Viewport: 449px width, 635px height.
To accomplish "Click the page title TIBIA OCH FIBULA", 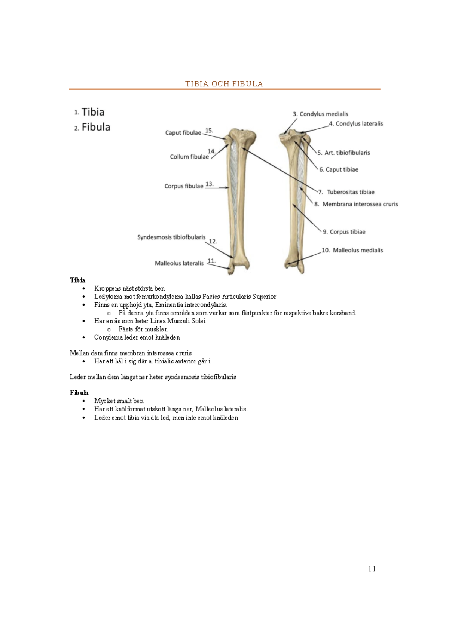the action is (224, 84).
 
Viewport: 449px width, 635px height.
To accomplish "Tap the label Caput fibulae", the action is (183, 133).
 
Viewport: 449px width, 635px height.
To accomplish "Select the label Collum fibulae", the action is (189, 157).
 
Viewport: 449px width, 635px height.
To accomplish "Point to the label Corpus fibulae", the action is (184, 186).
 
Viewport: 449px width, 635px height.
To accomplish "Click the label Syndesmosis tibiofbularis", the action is (171, 237).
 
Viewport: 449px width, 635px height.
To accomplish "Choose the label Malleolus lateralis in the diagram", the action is (179, 263).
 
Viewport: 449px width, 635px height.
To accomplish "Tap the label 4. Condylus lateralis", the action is (356, 123).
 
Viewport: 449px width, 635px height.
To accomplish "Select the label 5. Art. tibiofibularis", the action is (343, 153).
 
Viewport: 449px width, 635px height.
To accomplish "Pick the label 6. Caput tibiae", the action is (339, 169).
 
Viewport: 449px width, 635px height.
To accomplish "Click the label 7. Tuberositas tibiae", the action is (346, 192).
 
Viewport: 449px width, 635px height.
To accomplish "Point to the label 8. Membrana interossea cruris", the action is (356, 204).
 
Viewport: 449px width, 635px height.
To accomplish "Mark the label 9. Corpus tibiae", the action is (344, 232).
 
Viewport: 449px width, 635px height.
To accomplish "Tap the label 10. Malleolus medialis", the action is (352, 250).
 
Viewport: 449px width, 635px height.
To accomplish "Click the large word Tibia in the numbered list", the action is (93, 112).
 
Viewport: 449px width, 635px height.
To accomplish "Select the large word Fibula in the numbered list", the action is (96, 127).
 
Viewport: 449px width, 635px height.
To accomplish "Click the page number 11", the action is (372, 569).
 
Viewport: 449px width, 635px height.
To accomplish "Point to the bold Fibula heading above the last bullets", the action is (79, 393).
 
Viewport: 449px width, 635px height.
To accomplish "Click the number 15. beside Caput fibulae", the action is (209, 131).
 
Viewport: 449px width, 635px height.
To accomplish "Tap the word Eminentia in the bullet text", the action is (169, 305).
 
